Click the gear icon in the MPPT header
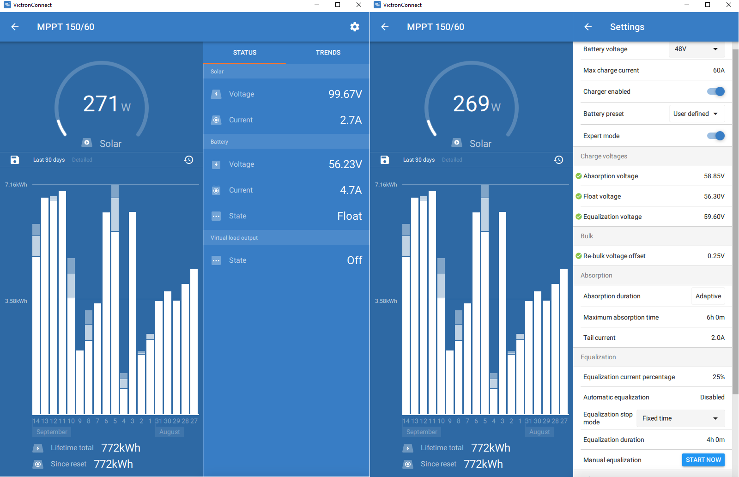pos(355,27)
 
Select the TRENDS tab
pos(328,53)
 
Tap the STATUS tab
pos(244,53)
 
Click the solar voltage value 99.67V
pos(345,94)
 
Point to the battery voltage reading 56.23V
pos(345,164)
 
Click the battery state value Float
pos(349,216)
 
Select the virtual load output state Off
pos(355,260)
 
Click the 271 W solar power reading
pos(107,103)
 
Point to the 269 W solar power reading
pos(477,103)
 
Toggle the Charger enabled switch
pos(715,91)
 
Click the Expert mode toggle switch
pos(715,136)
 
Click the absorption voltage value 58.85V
pos(714,176)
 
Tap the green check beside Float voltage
pos(578,196)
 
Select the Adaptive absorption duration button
pos(708,296)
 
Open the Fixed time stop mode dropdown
pos(680,418)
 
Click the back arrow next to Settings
pos(588,27)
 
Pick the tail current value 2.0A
pos(718,338)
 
